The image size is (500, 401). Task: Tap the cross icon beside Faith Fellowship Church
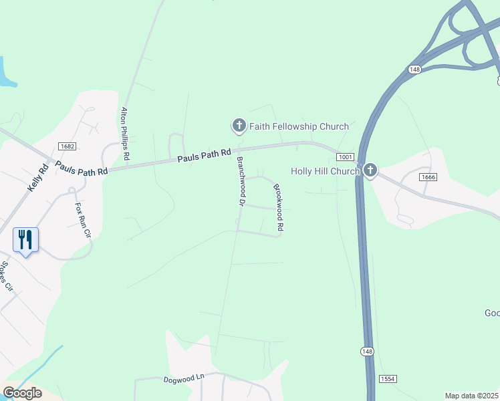click(239, 125)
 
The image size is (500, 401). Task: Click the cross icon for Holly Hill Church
click(371, 171)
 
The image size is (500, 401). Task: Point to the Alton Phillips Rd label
click(125, 134)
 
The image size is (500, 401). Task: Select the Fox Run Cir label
click(82, 221)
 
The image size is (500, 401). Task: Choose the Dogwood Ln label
click(183, 379)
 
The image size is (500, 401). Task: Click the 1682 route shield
click(66, 146)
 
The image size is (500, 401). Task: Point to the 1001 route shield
click(345, 157)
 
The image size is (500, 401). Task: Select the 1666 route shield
click(428, 177)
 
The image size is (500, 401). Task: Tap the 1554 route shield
click(388, 378)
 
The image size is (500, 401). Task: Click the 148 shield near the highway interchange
click(414, 70)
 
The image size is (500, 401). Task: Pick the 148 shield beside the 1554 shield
click(366, 352)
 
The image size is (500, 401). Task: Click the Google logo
click(22, 393)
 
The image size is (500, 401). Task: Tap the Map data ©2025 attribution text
click(471, 396)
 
